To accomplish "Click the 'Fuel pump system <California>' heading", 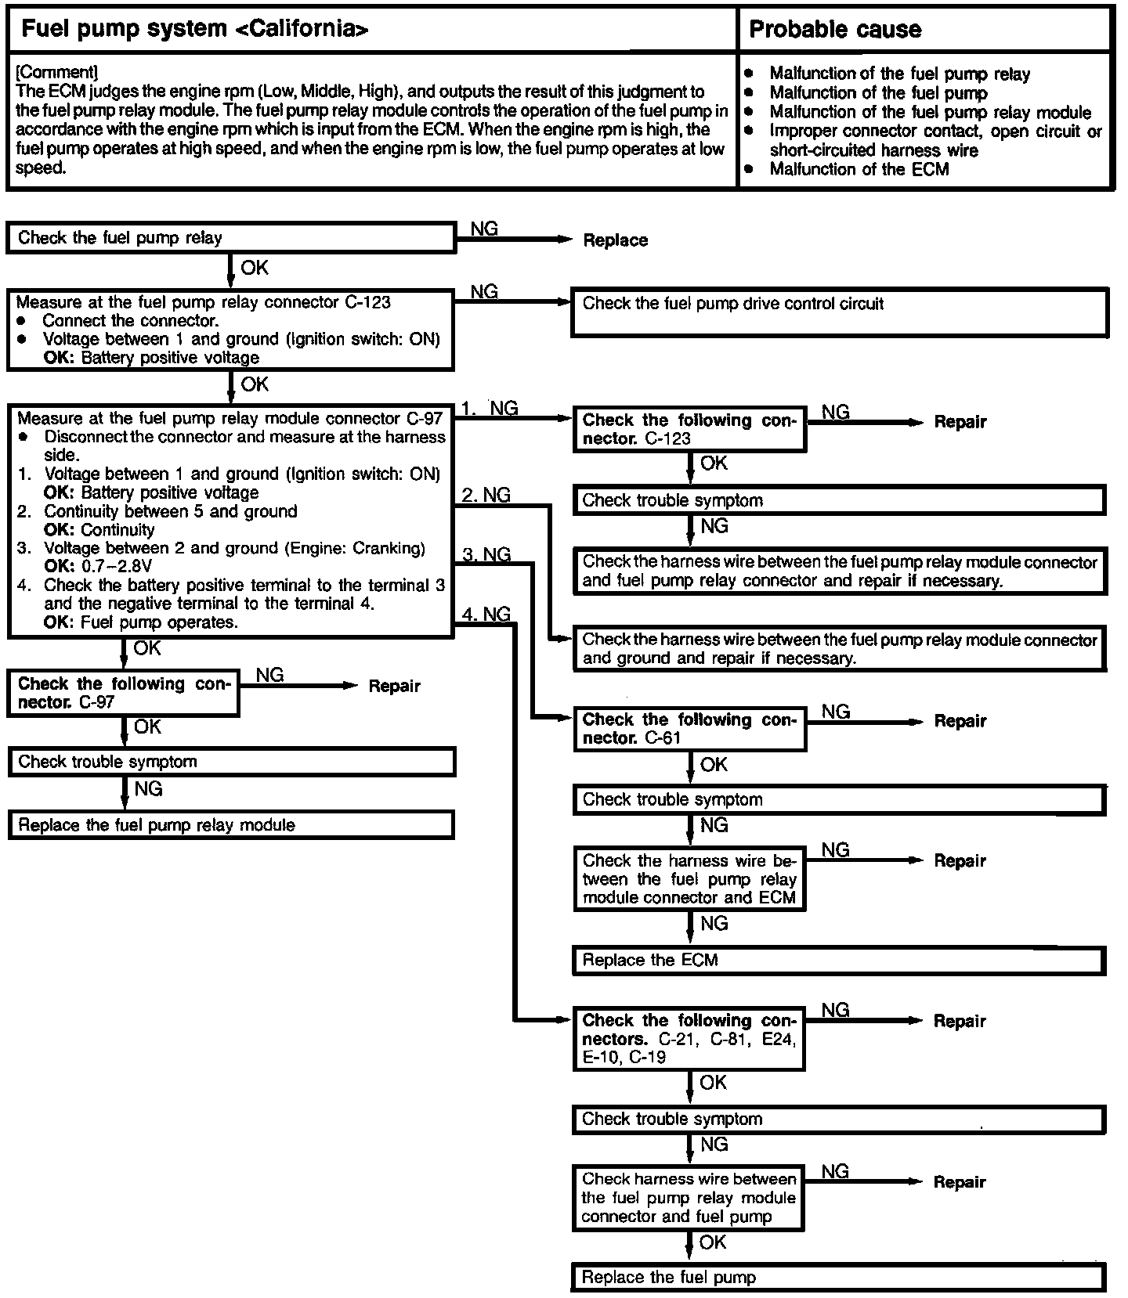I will (194, 30).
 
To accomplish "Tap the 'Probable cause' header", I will (835, 30).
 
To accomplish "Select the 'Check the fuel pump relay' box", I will (230, 238).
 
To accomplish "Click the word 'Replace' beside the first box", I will (615, 240).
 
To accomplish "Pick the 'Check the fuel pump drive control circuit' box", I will (839, 312).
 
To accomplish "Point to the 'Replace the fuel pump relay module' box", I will (230, 825).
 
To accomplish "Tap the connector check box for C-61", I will (689, 729).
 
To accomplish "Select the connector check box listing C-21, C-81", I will (689, 1039).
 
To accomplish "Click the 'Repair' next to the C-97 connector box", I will (394, 687).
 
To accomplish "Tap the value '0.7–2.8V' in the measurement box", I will (117, 566).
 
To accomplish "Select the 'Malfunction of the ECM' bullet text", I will (859, 169).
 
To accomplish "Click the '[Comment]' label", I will (56, 73).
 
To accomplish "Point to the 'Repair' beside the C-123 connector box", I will (960, 422).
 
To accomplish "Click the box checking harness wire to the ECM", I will (689, 879).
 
